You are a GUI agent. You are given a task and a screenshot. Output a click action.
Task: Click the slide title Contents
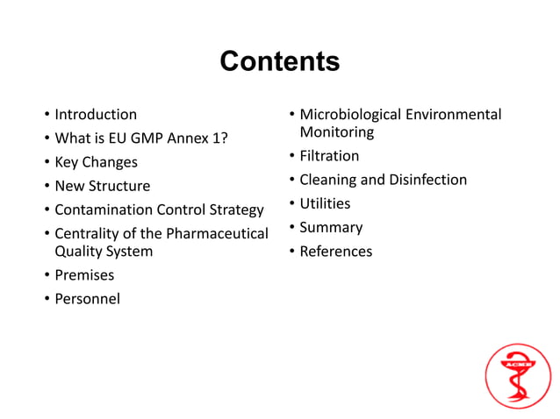coord(279,62)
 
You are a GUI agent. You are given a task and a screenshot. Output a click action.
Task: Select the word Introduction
coord(96,114)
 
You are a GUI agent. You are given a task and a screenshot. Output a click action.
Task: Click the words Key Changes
coord(96,162)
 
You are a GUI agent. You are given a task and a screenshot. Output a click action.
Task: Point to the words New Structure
coord(102,186)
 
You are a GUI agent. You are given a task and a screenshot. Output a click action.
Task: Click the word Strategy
coord(233,209)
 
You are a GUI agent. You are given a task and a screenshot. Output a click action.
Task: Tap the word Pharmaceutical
coord(217,233)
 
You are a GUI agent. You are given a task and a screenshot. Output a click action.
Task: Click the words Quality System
coord(104,252)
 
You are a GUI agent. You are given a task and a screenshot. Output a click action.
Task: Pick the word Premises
coord(84,275)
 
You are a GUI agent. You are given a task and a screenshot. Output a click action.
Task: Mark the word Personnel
coord(87,299)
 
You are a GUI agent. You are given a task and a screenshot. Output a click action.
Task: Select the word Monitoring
coord(336,132)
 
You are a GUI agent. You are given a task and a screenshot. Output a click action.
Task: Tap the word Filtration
coord(329,156)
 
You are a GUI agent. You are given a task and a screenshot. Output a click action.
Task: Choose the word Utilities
coord(325,203)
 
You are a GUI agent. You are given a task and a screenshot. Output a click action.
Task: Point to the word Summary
coord(331,227)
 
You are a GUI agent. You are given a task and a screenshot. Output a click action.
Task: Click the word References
coord(335,252)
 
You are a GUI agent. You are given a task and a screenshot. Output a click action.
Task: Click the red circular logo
coord(518,375)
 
